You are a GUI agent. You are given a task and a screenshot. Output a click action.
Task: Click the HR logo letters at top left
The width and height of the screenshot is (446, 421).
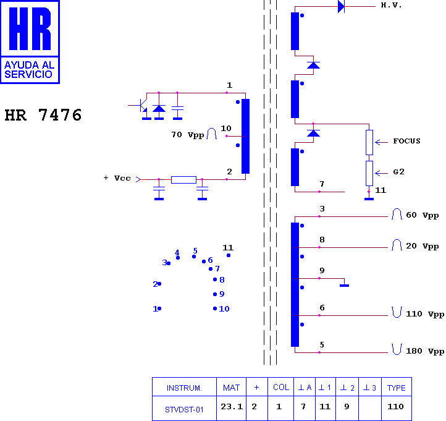(30, 29)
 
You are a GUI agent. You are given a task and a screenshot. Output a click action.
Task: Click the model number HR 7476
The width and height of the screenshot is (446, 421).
(43, 115)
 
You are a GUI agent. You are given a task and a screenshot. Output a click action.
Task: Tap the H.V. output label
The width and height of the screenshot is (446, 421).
(391, 6)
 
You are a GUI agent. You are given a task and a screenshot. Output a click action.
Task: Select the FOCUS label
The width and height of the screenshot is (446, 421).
(406, 141)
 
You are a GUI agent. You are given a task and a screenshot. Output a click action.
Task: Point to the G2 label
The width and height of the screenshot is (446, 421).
(398, 172)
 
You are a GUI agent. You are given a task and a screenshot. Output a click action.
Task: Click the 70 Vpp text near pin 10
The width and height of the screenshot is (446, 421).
(188, 135)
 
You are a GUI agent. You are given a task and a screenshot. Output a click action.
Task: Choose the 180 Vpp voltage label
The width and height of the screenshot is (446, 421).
(425, 351)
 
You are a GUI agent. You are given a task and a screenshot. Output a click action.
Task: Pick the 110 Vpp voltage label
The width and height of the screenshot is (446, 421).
(425, 314)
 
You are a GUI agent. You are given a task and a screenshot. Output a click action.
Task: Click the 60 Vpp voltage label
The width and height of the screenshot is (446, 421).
(422, 215)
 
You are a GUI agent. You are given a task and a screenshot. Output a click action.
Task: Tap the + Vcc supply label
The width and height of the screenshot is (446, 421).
(117, 178)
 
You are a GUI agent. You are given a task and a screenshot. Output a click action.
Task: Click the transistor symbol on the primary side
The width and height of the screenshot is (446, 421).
(141, 106)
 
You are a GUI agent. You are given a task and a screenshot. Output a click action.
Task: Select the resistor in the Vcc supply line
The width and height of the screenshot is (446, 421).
(183, 180)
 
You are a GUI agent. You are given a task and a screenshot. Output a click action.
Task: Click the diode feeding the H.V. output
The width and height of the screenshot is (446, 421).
(341, 6)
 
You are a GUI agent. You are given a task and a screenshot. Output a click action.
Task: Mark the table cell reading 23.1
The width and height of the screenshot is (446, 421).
(232, 407)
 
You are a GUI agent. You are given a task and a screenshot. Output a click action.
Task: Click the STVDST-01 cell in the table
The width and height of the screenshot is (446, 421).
(184, 410)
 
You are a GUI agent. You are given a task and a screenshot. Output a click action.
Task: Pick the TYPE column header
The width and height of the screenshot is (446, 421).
(396, 388)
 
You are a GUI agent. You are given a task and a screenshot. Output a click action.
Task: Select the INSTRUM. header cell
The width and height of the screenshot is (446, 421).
(184, 388)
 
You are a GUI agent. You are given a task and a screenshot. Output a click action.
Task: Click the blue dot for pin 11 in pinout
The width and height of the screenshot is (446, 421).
(229, 255)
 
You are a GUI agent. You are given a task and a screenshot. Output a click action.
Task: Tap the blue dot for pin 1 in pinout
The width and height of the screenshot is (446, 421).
(159, 308)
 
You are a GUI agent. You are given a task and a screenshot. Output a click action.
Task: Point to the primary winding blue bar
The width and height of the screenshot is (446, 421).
(245, 136)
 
